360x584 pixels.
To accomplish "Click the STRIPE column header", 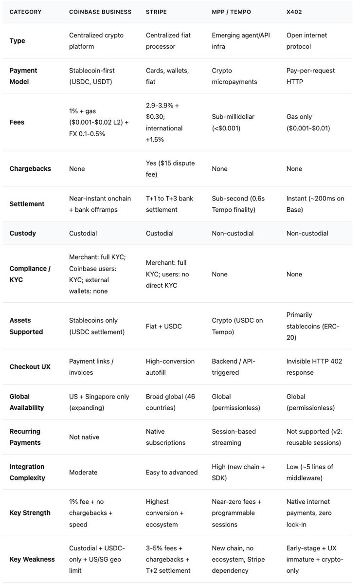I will coord(158,11).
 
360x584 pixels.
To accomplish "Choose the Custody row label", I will coord(23,233).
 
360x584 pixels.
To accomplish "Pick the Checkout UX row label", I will coord(30,366).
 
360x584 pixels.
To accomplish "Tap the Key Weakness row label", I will coord(32,559).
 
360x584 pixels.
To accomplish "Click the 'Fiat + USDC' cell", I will coord(164,326).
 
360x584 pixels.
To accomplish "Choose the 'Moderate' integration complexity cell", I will coord(83,472).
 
